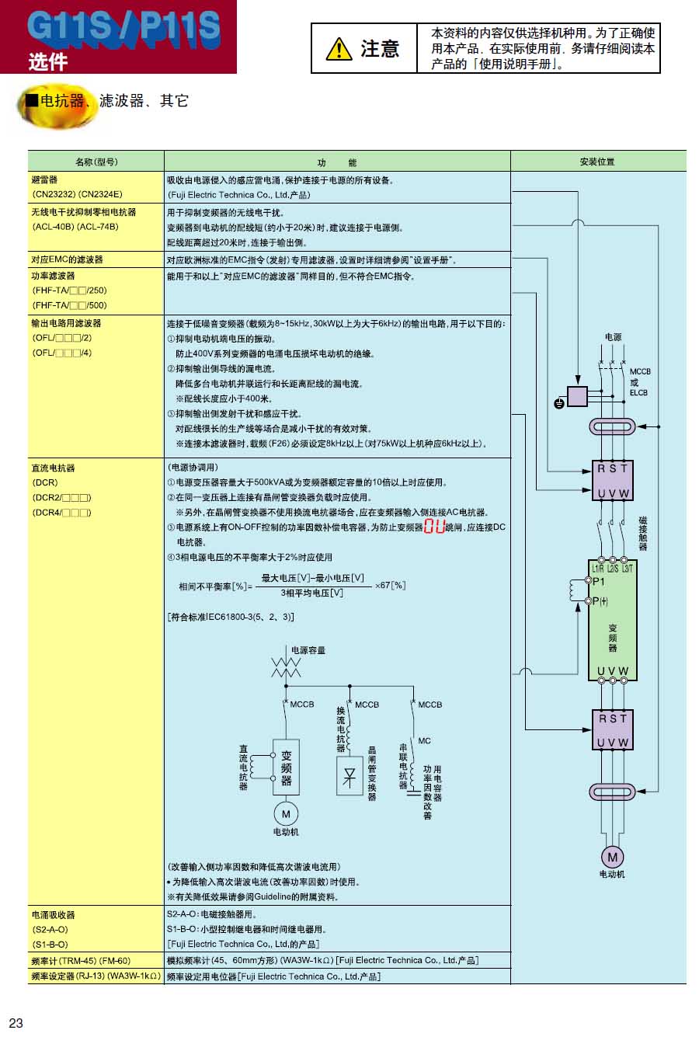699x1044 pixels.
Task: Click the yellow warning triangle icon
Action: tap(339, 49)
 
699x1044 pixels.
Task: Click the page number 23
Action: tap(16, 1023)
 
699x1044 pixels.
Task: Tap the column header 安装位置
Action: tap(597, 162)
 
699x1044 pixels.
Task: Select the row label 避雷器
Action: tap(44, 179)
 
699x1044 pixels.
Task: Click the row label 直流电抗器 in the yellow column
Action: tap(53, 468)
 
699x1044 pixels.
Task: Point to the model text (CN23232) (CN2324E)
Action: tap(77, 195)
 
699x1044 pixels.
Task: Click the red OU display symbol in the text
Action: tap(435, 527)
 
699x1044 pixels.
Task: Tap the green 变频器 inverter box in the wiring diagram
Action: tap(613, 621)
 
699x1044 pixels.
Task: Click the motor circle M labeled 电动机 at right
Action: tap(612, 857)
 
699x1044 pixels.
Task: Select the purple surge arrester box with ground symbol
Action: tap(577, 396)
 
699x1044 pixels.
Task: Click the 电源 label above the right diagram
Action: tap(614, 337)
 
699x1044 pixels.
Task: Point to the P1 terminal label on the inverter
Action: tap(599, 581)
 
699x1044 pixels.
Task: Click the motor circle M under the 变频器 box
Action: tap(286, 814)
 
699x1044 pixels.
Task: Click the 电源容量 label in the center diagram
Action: tap(308, 650)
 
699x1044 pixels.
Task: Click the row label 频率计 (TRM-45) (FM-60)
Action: tap(81, 961)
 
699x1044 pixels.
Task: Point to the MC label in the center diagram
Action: tap(424, 741)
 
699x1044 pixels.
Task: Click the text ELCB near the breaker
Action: tap(638, 392)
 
